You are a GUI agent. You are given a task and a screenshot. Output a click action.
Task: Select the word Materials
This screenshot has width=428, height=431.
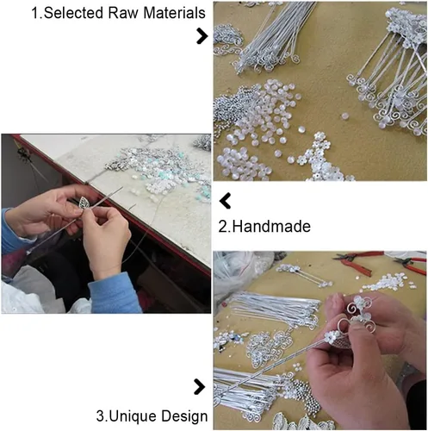click(x=174, y=13)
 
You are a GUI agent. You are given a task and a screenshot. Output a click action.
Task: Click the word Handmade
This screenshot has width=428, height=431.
click(x=271, y=227)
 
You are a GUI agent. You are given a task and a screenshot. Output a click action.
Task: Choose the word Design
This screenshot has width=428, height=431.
click(x=184, y=416)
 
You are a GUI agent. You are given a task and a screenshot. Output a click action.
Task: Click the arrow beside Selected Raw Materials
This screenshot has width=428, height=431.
click(x=202, y=36)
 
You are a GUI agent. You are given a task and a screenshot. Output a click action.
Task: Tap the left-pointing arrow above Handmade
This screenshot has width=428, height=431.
click(x=225, y=201)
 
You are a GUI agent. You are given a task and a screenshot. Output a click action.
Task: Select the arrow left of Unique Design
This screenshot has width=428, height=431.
click(x=200, y=387)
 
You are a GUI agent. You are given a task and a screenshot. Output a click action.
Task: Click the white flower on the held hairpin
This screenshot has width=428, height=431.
click(x=332, y=337)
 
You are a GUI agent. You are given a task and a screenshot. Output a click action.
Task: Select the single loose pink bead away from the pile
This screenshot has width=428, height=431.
click(x=344, y=116)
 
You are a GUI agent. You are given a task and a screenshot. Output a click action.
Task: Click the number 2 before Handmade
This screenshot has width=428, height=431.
click(x=222, y=227)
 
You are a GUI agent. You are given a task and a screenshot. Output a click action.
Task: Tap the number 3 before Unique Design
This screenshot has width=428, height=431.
click(x=101, y=416)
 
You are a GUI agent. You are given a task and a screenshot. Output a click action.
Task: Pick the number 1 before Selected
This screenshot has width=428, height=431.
click(x=35, y=13)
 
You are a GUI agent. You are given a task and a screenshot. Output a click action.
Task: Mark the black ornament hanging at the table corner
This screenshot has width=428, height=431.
click(x=24, y=154)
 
